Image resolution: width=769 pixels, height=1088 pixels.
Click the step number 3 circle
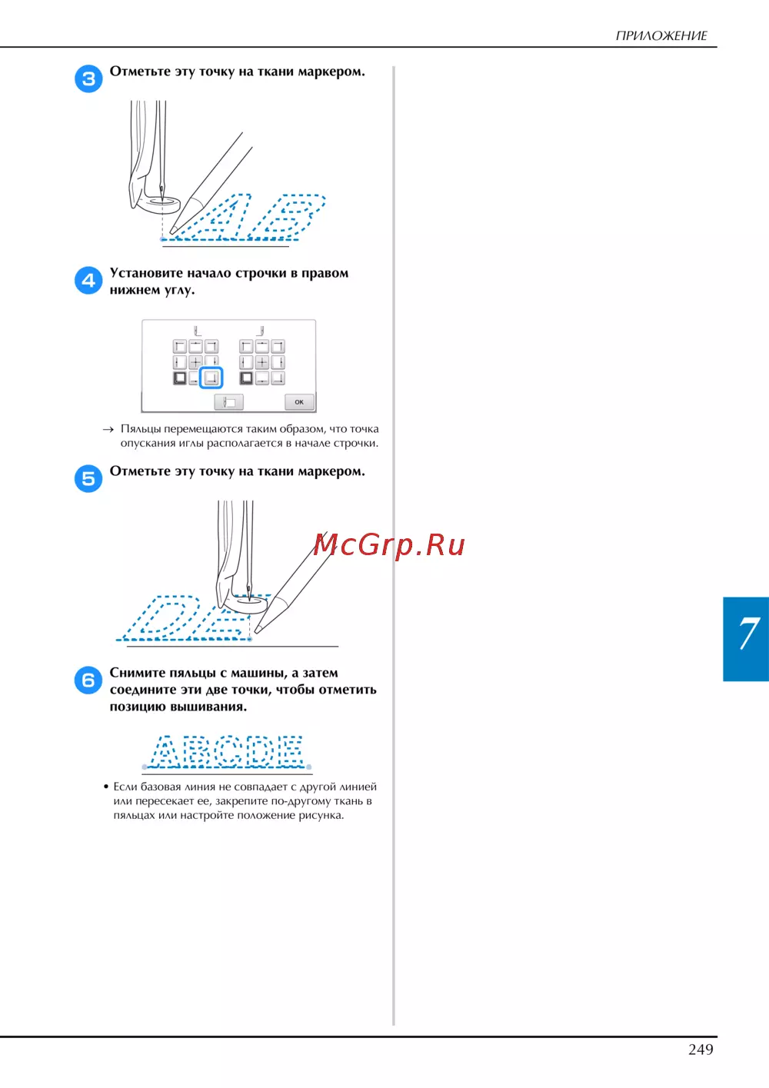pyautogui.click(x=88, y=78)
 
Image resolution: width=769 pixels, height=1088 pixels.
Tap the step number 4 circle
pyautogui.click(x=88, y=280)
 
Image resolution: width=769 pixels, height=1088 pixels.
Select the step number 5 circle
pyautogui.click(x=88, y=478)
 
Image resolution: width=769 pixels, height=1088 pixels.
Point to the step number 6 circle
pyautogui.click(x=88, y=680)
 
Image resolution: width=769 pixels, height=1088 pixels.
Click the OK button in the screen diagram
pyautogui.click(x=299, y=401)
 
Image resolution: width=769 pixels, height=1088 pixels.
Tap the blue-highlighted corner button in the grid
pyautogui.click(x=211, y=378)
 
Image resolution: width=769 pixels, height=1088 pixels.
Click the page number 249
pyautogui.click(x=701, y=1050)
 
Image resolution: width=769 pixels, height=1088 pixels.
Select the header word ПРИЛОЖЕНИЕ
pyautogui.click(x=661, y=35)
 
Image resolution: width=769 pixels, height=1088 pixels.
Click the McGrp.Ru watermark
pyautogui.click(x=388, y=544)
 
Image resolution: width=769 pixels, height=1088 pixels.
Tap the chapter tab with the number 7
pyautogui.click(x=746, y=639)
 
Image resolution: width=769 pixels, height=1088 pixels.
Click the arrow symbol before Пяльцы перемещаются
pyautogui.click(x=108, y=429)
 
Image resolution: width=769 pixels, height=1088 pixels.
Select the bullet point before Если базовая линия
pyautogui.click(x=106, y=787)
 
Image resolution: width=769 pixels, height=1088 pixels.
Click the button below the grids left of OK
pyautogui.click(x=229, y=401)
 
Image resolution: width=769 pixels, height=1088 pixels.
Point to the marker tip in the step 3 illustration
pyautogui.click(x=171, y=231)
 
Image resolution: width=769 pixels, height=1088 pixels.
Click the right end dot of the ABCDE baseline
pyautogui.click(x=308, y=767)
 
